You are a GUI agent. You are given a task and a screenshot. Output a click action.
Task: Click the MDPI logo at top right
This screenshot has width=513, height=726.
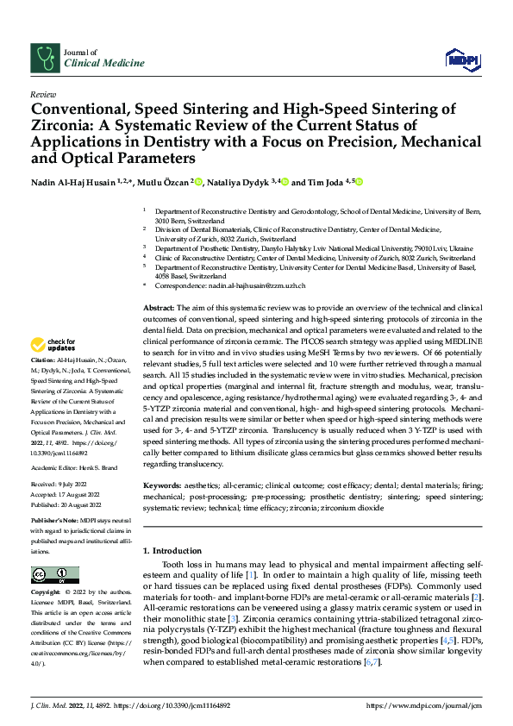pos(461,59)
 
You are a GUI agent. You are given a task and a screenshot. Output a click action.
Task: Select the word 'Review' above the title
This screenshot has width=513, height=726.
pos(43,94)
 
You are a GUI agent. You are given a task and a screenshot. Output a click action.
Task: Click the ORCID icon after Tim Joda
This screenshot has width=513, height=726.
pos(359,182)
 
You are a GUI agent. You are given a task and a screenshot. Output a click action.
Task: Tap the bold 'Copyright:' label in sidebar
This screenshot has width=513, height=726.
pos(47,592)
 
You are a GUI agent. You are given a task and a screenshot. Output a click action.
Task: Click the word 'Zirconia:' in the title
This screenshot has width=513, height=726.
pos(65,126)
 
